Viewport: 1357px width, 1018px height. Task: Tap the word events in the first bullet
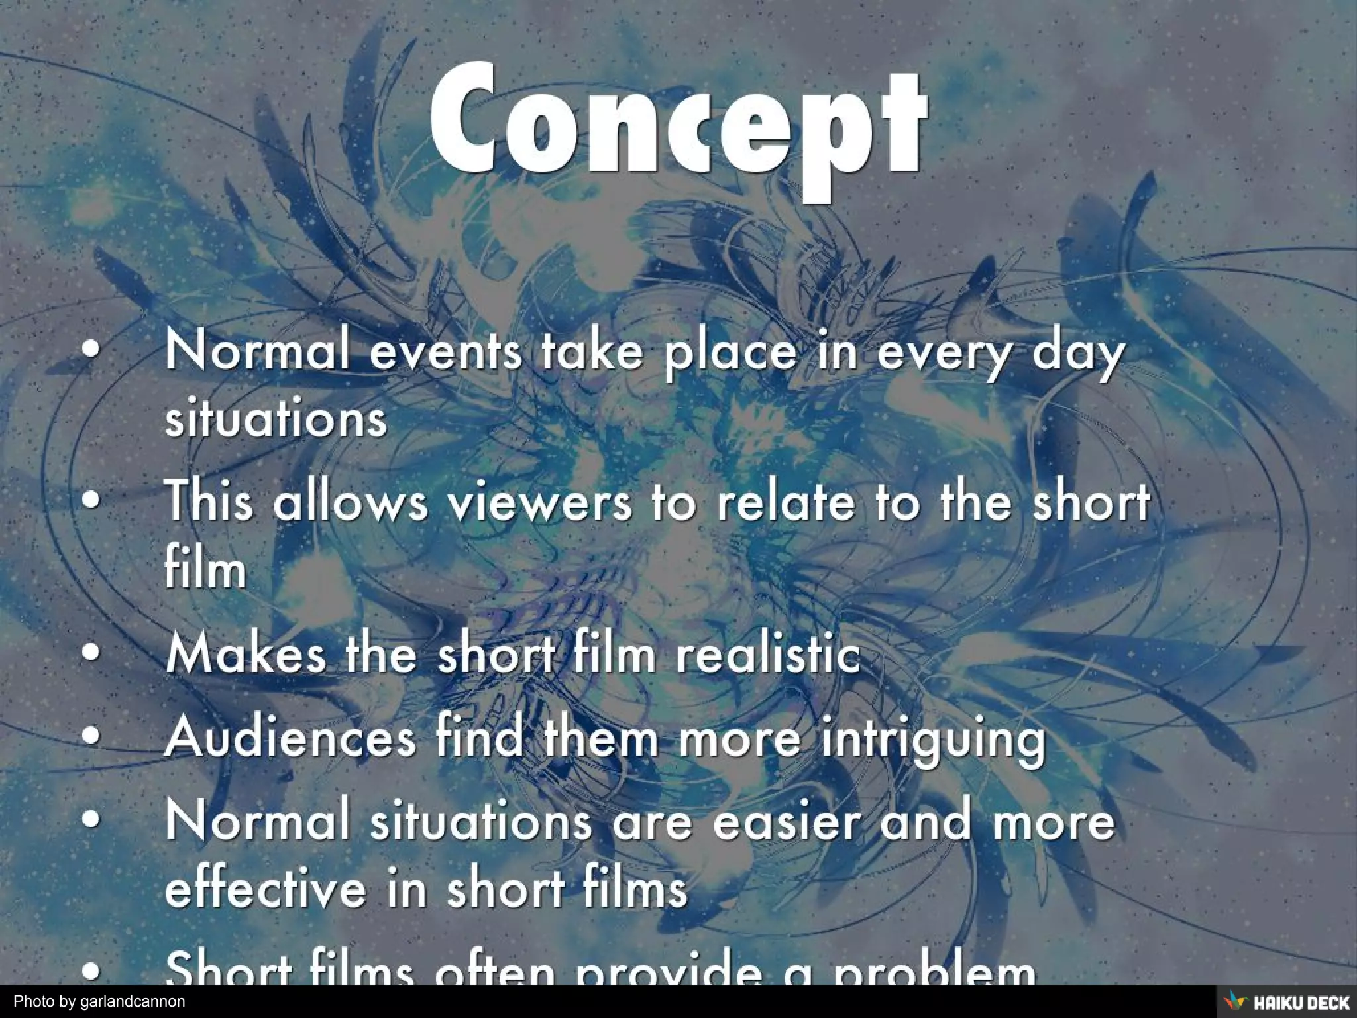click(445, 351)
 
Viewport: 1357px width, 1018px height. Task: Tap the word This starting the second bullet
click(209, 501)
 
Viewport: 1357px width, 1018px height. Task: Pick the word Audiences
click(291, 737)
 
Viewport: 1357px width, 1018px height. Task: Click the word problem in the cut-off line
click(934, 972)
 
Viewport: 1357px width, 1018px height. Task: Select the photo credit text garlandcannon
click(133, 1001)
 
